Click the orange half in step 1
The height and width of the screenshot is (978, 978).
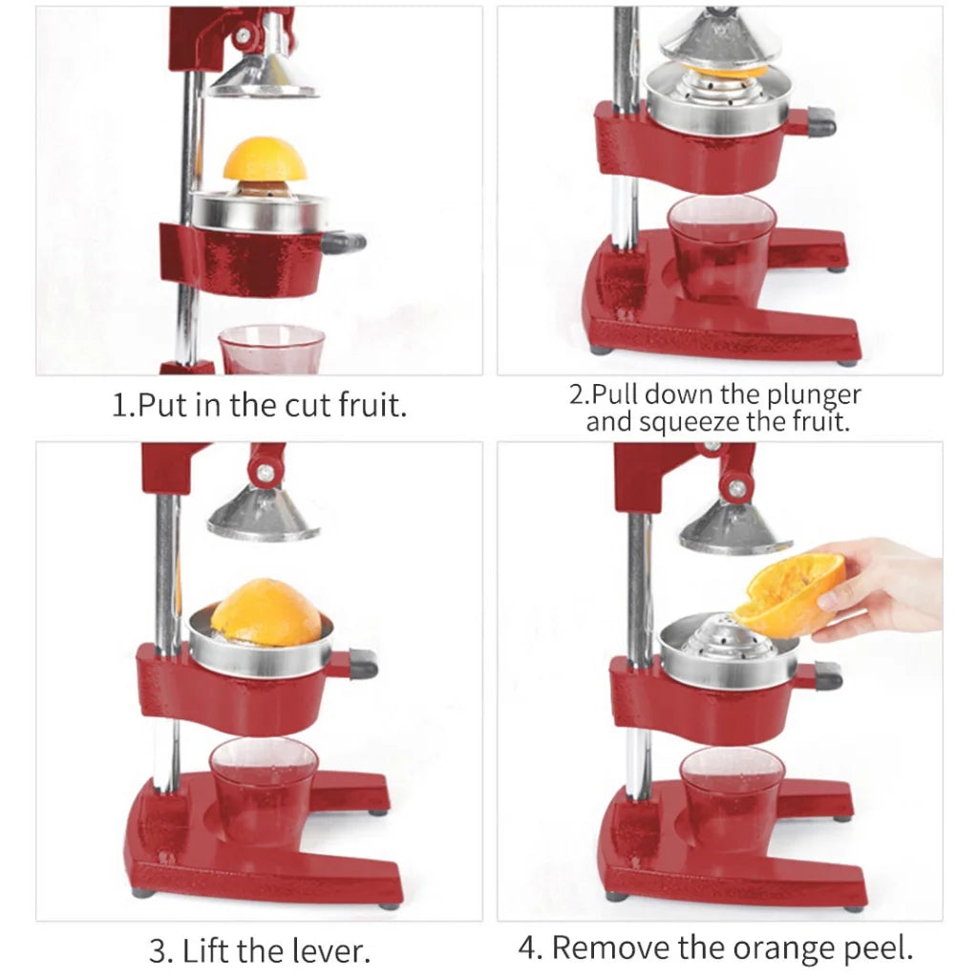pyautogui.click(x=266, y=160)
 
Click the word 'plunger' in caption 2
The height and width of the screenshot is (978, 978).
pyautogui.click(x=813, y=394)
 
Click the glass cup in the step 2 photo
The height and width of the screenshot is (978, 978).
pyautogui.click(x=722, y=247)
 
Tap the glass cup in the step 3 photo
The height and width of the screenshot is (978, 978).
pyautogui.click(x=263, y=789)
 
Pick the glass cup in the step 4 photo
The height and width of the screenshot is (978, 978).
pyautogui.click(x=732, y=797)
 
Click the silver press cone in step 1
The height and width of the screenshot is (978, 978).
pyautogui.click(x=263, y=76)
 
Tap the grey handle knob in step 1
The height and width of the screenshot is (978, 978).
pyautogui.click(x=344, y=243)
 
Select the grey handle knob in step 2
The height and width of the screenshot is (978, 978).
pyautogui.click(x=819, y=121)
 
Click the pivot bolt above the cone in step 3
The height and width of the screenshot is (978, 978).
pyautogui.click(x=266, y=472)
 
